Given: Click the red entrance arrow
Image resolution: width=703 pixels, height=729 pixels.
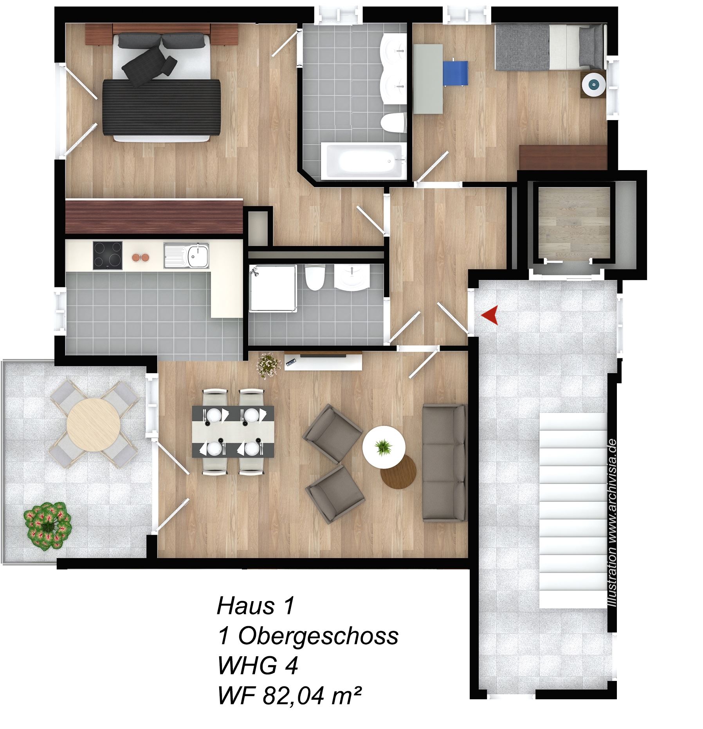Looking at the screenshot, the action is (x=490, y=315).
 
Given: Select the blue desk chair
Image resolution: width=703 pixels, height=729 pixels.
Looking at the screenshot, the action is (x=456, y=73).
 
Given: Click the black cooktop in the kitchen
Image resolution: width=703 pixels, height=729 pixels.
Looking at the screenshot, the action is (x=108, y=255).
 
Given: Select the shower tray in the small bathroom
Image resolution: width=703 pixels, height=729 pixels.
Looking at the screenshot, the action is (x=273, y=288).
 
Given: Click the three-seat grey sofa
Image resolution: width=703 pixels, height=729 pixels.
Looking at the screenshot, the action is (x=445, y=463).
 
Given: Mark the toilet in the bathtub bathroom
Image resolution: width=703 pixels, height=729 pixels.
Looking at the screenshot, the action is (x=392, y=123).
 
